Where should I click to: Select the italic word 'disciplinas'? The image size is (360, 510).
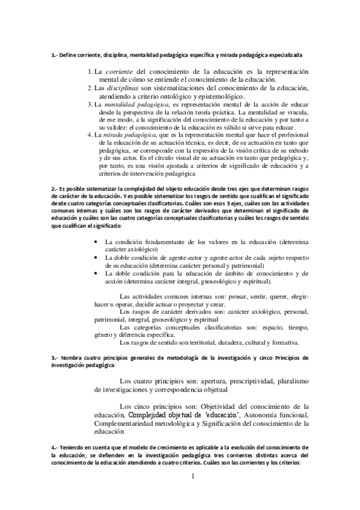(127, 87)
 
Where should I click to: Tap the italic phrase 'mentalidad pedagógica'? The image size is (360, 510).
(129, 105)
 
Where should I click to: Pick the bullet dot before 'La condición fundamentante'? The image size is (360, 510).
(97, 242)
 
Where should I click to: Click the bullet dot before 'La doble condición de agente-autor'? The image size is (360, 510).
(97, 257)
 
